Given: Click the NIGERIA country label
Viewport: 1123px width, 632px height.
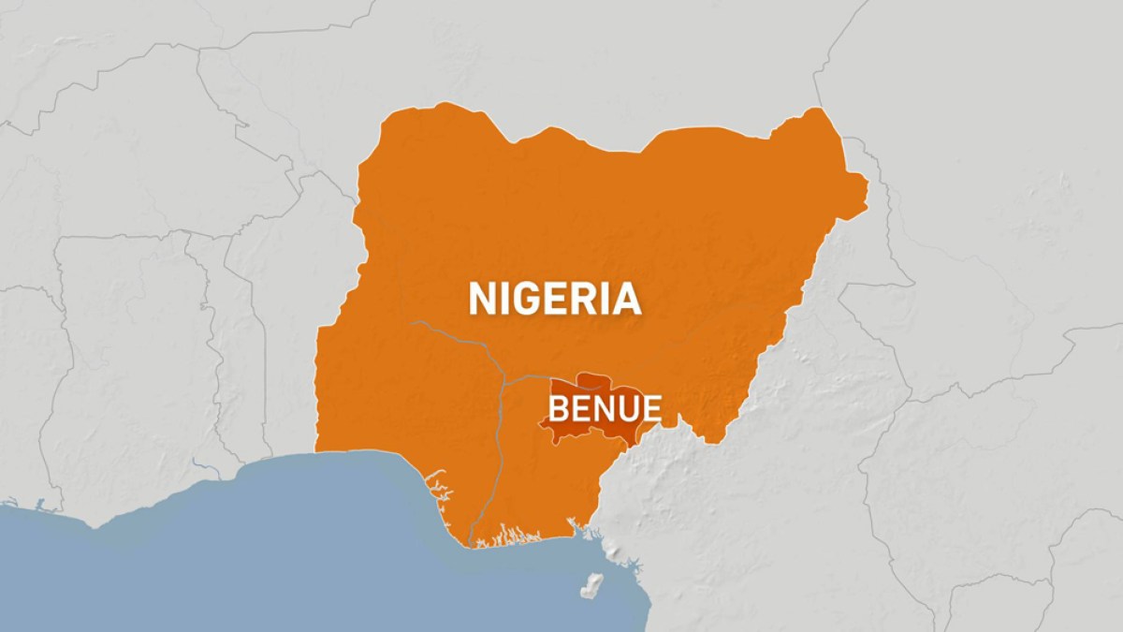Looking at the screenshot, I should (x=554, y=299).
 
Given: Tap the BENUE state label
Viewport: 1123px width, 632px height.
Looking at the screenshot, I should (x=605, y=408).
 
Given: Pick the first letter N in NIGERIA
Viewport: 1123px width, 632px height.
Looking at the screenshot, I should (x=483, y=299).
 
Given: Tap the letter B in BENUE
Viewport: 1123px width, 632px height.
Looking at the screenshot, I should (x=559, y=408).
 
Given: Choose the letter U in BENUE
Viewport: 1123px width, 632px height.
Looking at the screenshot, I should (x=627, y=408).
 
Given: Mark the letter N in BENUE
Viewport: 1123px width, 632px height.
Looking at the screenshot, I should (x=604, y=408).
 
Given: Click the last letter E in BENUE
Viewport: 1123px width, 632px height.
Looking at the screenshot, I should (x=651, y=408).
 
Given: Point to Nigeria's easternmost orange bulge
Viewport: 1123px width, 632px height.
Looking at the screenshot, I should (x=856, y=187).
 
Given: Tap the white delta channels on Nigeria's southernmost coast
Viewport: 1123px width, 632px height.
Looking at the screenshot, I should (x=505, y=536).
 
